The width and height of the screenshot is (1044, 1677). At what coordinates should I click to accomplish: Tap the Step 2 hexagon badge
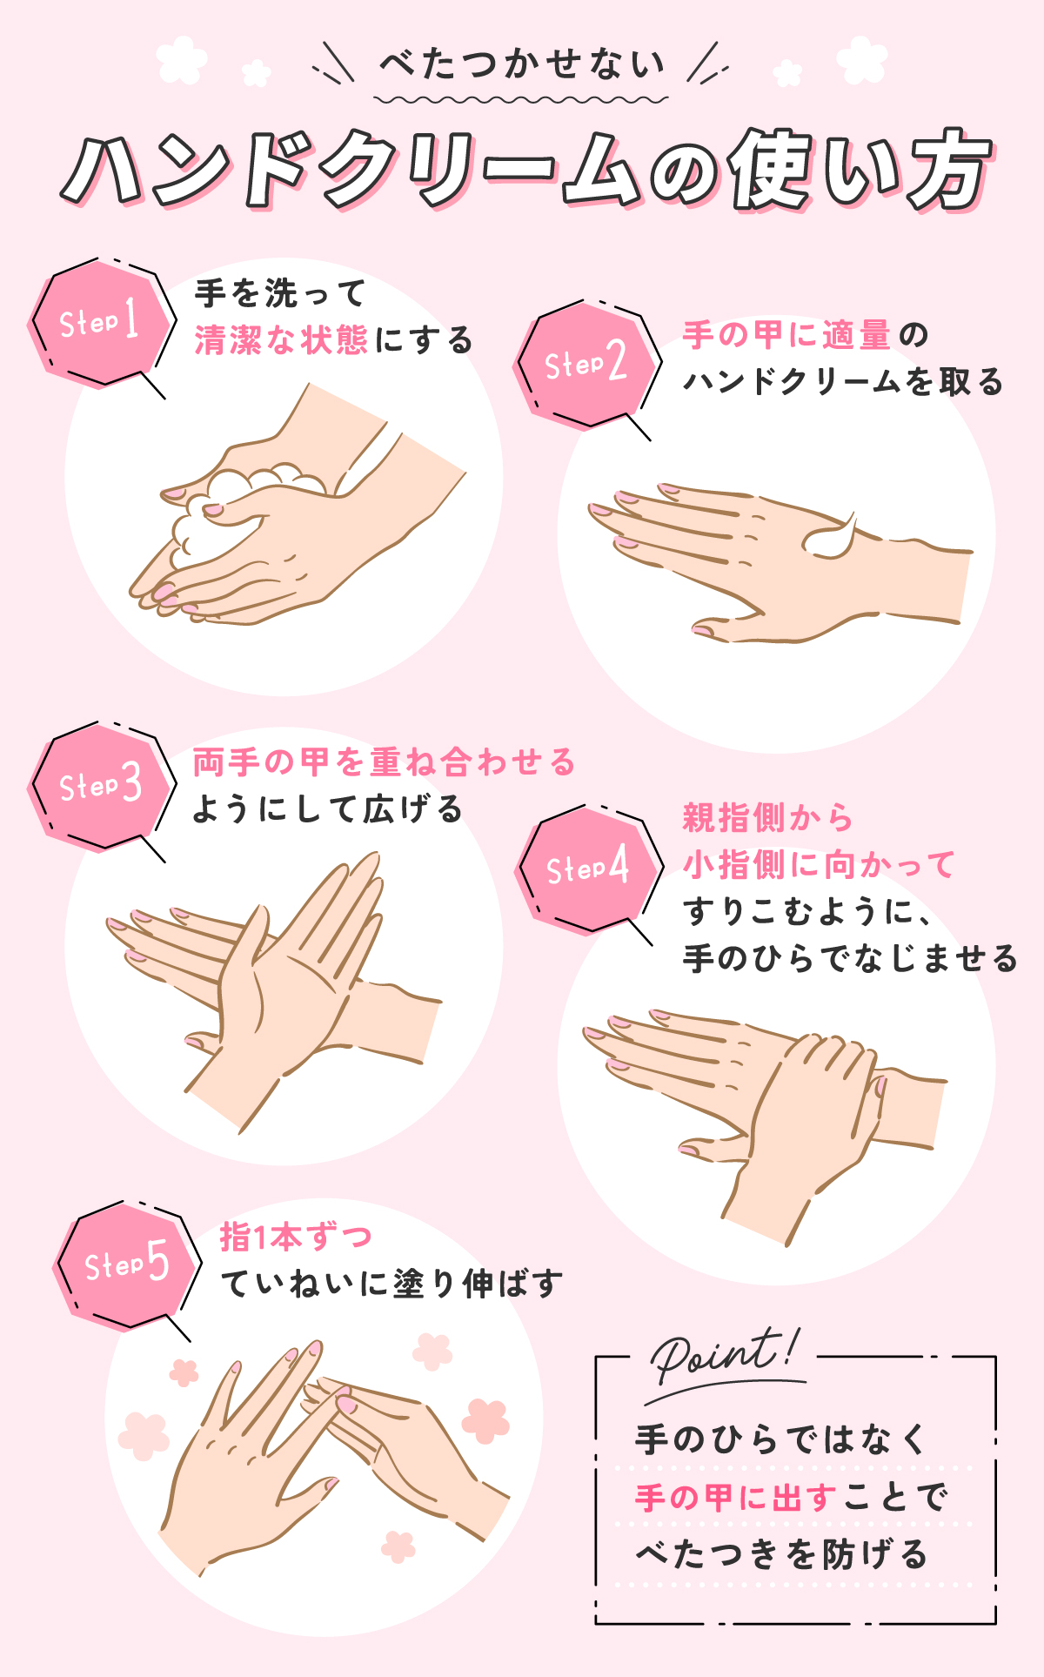pos(585,363)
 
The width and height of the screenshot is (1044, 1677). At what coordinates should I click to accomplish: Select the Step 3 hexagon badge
pos(99,785)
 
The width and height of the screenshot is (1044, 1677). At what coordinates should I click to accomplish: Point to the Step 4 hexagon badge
pos(585,868)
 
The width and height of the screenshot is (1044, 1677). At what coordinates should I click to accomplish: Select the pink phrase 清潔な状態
pos(281,340)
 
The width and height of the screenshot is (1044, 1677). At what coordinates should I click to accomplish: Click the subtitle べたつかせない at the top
pos(522,64)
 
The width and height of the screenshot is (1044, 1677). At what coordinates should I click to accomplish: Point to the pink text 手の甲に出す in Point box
pos(735,1498)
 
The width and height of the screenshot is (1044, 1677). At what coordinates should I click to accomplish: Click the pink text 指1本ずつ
pos(296,1237)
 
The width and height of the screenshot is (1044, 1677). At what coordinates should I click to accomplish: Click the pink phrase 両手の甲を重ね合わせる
pos(384,762)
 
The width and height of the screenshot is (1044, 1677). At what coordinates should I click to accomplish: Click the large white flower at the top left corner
pos(181,59)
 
